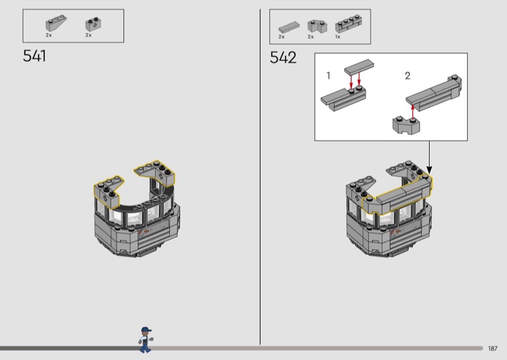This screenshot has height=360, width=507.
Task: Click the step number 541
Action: [x=34, y=56]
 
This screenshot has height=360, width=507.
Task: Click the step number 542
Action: [x=283, y=58]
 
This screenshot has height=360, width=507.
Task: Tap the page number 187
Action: [x=492, y=349]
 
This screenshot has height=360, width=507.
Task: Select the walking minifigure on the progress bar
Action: [x=146, y=340]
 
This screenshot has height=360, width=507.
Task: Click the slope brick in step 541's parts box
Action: [x=56, y=23]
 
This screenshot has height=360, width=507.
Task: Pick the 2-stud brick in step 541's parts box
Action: [x=93, y=24]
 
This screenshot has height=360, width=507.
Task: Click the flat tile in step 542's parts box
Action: [x=289, y=27]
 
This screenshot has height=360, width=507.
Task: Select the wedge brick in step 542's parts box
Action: [x=317, y=26]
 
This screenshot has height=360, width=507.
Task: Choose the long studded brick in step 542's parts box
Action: [x=348, y=23]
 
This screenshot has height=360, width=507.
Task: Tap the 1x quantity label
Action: [x=338, y=37]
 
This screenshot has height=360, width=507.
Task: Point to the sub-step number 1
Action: [x=328, y=75]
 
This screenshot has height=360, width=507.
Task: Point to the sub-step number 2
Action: [x=408, y=75]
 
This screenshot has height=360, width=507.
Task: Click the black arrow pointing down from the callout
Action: [x=430, y=158]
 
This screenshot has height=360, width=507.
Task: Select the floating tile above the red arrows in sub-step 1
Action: [x=359, y=67]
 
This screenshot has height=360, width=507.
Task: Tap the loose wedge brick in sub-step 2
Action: [x=406, y=125]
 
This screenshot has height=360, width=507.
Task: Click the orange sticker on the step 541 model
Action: [x=144, y=232]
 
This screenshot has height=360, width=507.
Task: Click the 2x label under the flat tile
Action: [x=281, y=37]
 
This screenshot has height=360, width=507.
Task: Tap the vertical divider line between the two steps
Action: [x=260, y=177]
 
